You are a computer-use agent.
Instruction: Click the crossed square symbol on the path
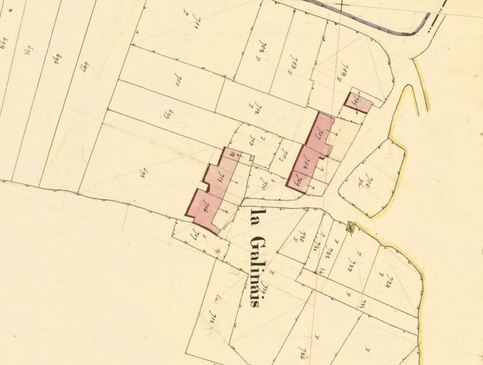[350, 227]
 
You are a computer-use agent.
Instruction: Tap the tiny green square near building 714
[251, 157]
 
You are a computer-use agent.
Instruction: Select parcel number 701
[191, 29]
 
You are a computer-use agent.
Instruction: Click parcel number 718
[212, 314]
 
